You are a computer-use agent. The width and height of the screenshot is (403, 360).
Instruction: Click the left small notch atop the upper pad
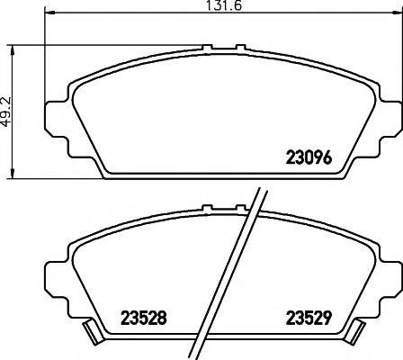tap(207, 48)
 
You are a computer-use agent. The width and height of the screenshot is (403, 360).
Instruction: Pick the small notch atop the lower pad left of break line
tap(207, 211)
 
